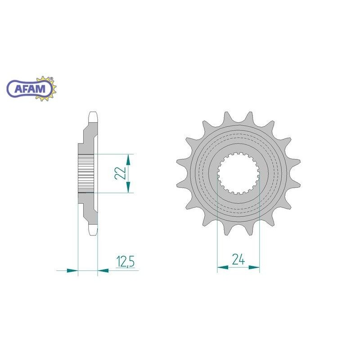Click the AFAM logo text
(30, 89)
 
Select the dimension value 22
(121, 173)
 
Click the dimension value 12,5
(126, 261)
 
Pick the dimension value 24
(238, 260)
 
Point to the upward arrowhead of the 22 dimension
(128, 160)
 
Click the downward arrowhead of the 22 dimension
(128, 187)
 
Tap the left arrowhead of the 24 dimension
(223, 267)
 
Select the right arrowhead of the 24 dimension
(254, 267)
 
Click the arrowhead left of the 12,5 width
(72, 271)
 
